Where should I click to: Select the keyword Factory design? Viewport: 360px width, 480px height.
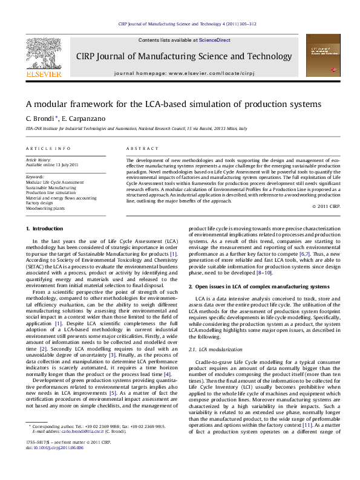click(x=40, y=203)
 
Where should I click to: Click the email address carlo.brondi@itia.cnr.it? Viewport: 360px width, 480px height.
click(x=80, y=448)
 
